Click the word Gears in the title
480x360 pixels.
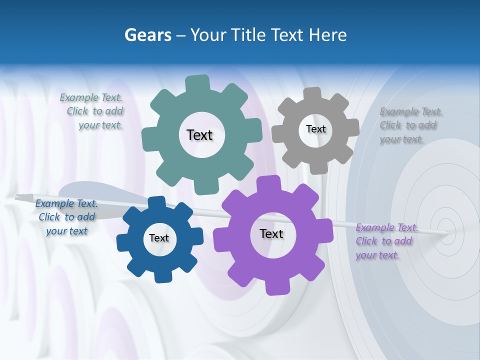point(147,35)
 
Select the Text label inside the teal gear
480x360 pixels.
point(199,135)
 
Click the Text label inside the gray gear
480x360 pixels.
point(315,129)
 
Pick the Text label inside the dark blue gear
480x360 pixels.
point(159,238)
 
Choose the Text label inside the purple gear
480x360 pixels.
point(271,233)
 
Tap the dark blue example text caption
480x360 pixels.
point(66,217)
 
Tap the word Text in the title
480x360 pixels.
point(287,35)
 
